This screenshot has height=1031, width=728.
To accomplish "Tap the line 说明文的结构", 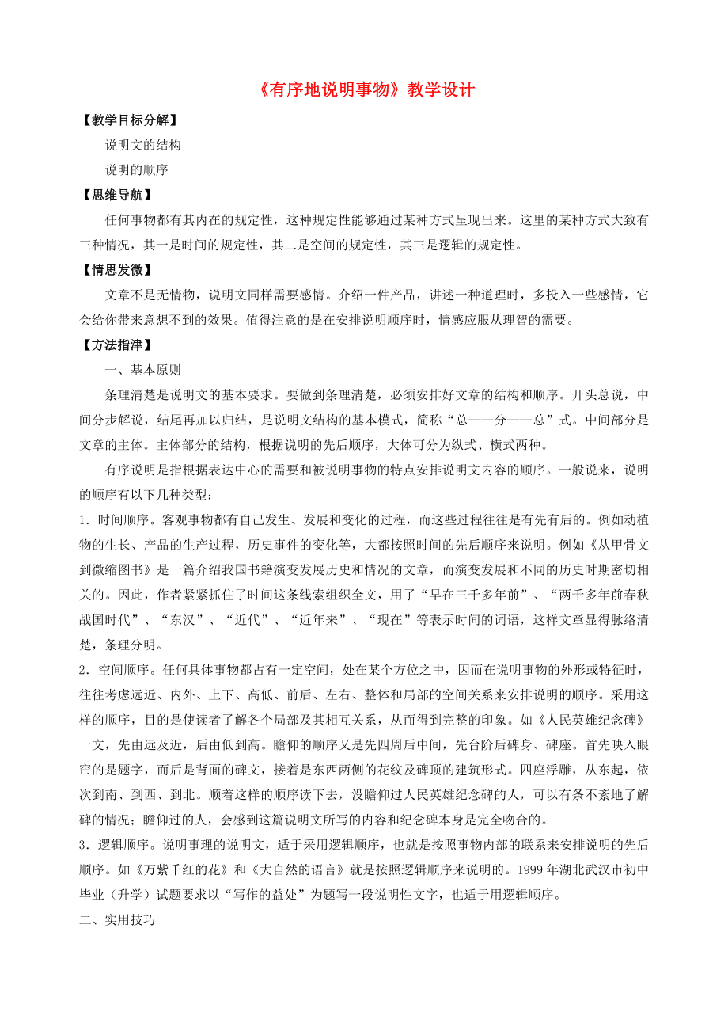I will click(x=143, y=145).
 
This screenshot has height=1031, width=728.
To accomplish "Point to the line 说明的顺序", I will click(x=137, y=169).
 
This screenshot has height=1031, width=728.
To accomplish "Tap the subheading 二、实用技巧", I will click(x=118, y=922).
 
